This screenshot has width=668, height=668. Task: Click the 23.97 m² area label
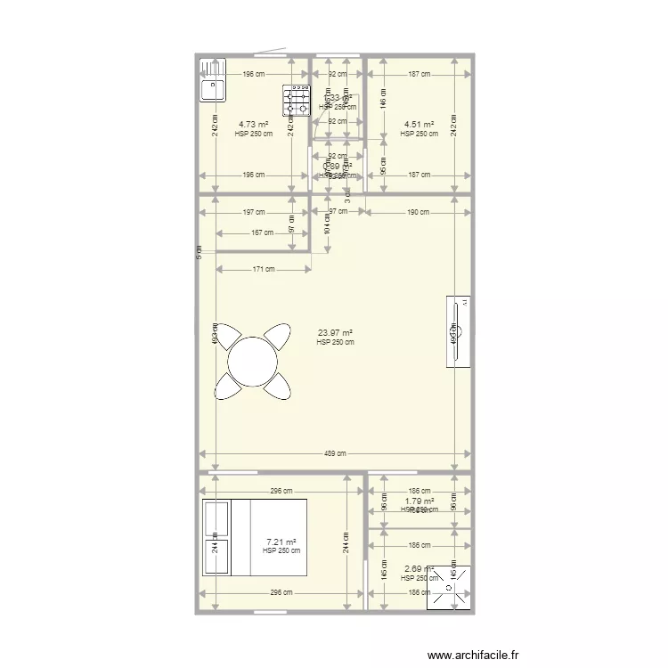pyautogui.click(x=335, y=333)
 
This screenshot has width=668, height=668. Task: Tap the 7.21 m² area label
pyautogui.click(x=281, y=542)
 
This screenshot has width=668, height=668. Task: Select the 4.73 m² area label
pyautogui.click(x=253, y=125)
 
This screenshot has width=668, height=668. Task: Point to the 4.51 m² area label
pyautogui.click(x=419, y=125)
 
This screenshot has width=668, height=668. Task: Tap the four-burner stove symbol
pyautogui.click(x=296, y=101)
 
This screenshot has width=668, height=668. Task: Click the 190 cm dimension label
pyautogui.click(x=418, y=212)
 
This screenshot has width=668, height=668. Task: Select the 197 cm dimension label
pyautogui.click(x=253, y=212)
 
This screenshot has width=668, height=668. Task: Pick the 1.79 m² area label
pyautogui.click(x=419, y=501)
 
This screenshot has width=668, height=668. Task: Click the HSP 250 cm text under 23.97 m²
pyautogui.click(x=335, y=342)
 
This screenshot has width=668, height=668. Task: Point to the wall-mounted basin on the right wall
pyautogui.click(x=460, y=330)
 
